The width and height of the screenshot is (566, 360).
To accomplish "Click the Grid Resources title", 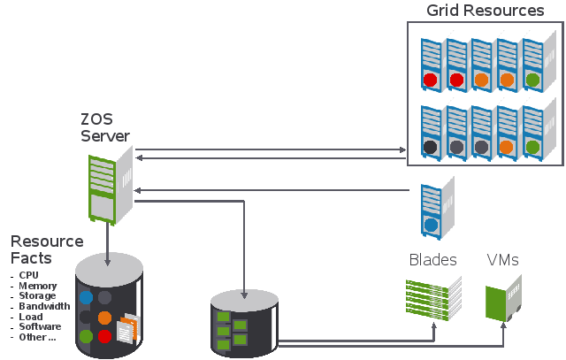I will pyautogui.click(x=485, y=11).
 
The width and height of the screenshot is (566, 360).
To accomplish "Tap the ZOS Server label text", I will pyautogui.click(x=105, y=127).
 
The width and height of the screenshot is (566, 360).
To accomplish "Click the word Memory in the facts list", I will pyautogui.click(x=38, y=286).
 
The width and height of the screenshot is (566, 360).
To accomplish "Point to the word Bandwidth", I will pyautogui.click(x=44, y=306).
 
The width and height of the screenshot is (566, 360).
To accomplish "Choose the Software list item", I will pyautogui.click(x=40, y=326).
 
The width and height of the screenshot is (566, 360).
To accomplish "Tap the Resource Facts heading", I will pyautogui.click(x=47, y=249).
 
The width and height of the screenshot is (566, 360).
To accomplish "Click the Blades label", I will pyautogui.click(x=433, y=260).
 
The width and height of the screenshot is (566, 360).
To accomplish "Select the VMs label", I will pyautogui.click(x=502, y=260).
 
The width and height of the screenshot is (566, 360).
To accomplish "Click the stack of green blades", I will pyautogui.click(x=434, y=297).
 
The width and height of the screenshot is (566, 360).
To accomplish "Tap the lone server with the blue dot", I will pyautogui.click(x=433, y=210).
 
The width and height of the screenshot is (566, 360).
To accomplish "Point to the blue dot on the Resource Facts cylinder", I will pyautogui.click(x=86, y=298).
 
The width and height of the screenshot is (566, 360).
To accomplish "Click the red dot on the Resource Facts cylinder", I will pyautogui.click(x=105, y=337).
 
